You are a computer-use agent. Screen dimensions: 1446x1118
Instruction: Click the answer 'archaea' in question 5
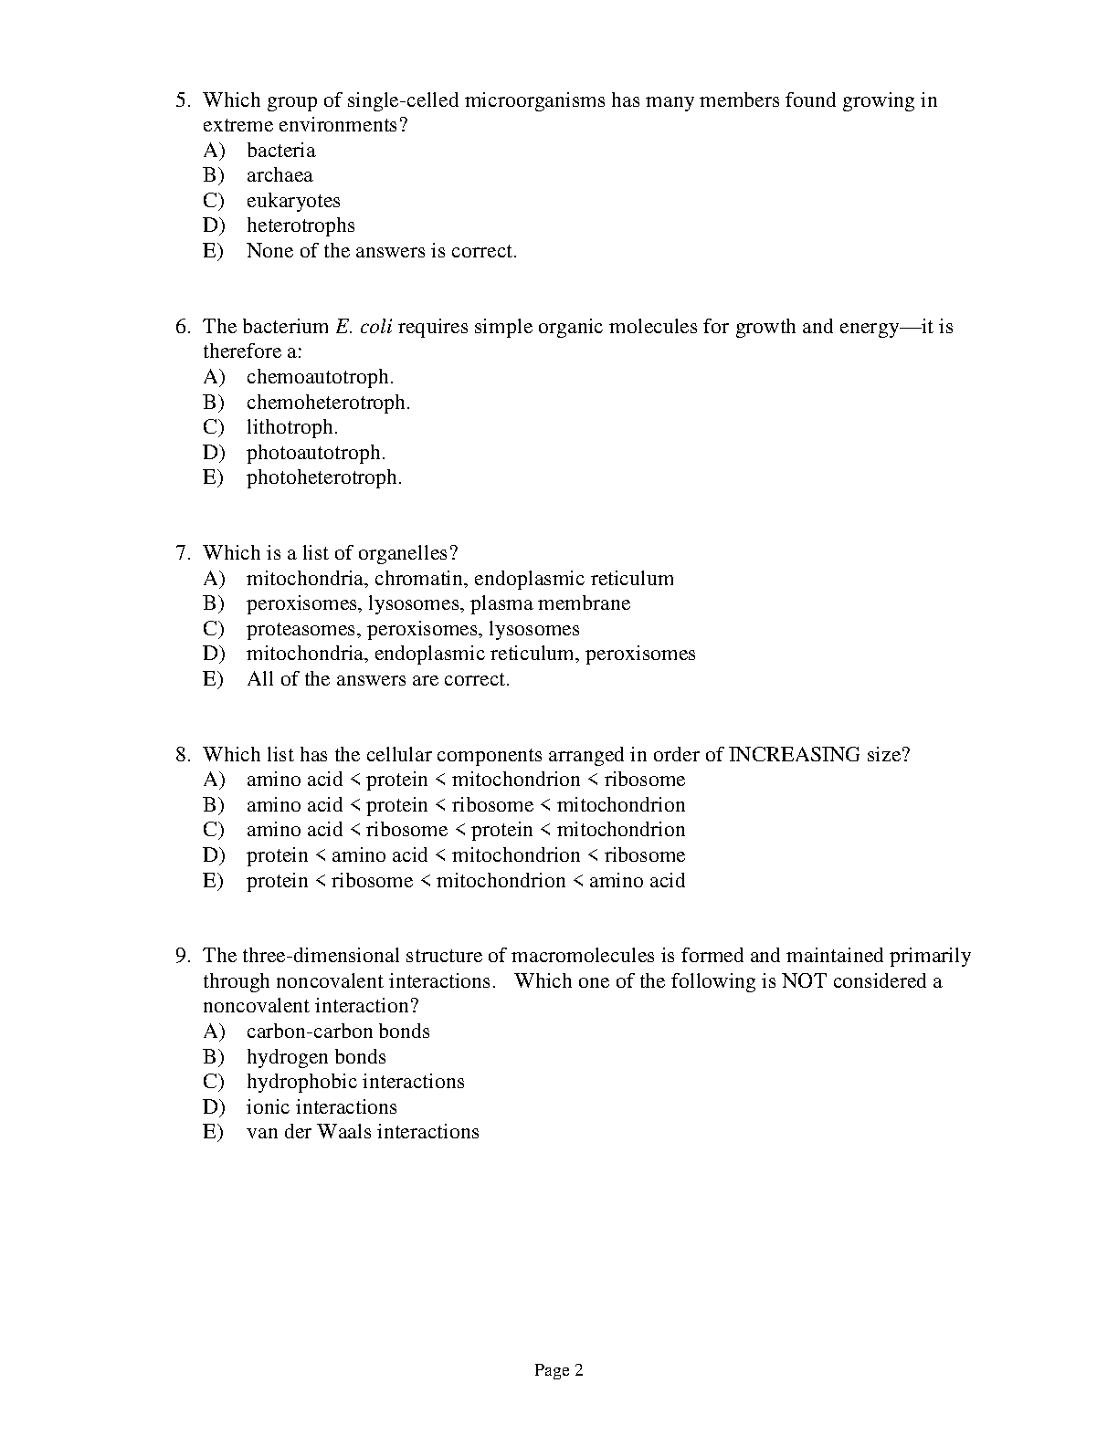279,175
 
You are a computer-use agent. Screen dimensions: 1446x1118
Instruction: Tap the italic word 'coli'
376,327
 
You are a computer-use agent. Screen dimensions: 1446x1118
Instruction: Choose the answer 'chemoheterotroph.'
328,402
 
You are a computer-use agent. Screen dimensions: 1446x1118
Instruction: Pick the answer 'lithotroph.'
291,427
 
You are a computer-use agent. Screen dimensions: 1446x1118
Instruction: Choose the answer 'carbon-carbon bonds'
338,1032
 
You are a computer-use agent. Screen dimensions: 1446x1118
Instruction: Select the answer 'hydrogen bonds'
316,1057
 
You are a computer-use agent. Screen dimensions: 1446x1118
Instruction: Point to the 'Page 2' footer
558,1370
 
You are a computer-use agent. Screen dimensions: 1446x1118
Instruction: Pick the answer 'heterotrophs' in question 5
301,225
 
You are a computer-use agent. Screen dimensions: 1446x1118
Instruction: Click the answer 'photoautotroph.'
316,453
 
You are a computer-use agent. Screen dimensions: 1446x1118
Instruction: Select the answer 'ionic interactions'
322,1107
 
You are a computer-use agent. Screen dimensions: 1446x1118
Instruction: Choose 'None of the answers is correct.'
382,251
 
